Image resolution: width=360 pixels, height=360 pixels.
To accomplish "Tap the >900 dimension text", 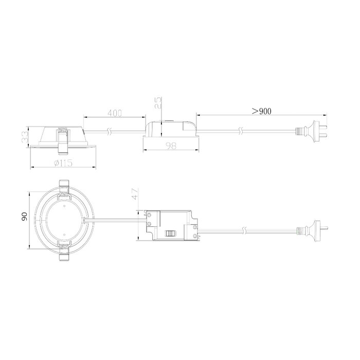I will point(261,111).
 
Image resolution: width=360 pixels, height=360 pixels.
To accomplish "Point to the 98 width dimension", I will point(170,147).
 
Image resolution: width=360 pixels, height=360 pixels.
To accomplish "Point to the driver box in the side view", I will point(170,130).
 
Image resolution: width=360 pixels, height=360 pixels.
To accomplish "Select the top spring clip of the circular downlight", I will point(64,187).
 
